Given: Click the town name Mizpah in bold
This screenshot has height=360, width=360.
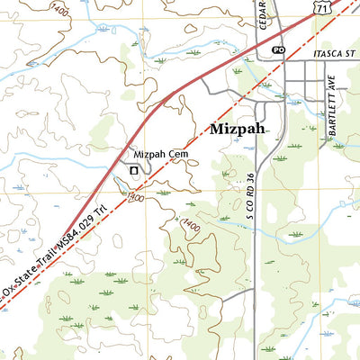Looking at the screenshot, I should [238, 129].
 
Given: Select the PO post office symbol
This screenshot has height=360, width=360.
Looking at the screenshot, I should [277, 49].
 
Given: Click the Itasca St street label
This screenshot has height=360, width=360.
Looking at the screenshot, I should [330, 55].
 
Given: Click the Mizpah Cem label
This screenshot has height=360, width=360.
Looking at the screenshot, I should [153, 154].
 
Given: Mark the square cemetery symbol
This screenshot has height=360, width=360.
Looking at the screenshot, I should [134, 169].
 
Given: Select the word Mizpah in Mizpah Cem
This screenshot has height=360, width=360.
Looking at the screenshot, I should [144, 154].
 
